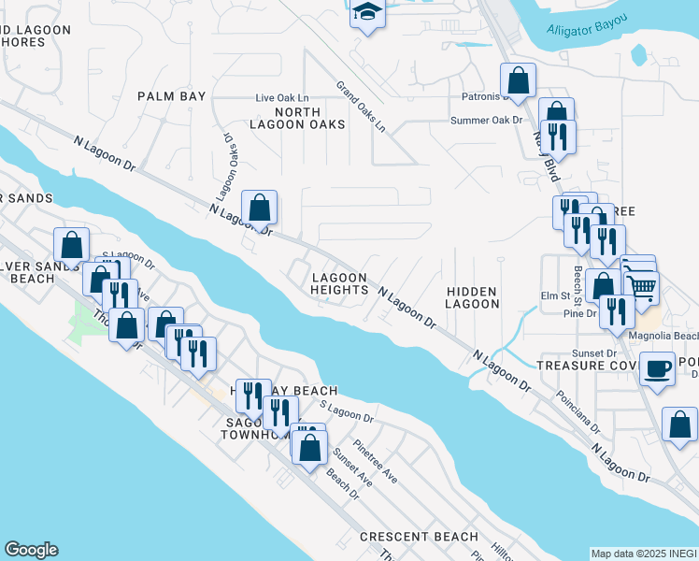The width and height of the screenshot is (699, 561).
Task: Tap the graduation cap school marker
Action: click(368, 14)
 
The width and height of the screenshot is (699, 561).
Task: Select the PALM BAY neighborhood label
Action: click(171, 96)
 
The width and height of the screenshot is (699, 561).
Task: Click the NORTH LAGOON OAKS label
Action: click(297, 117)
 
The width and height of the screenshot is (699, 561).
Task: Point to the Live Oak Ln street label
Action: click(282, 97)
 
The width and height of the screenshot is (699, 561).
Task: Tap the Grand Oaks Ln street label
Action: click(361, 106)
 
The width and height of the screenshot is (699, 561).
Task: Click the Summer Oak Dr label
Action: click(486, 120)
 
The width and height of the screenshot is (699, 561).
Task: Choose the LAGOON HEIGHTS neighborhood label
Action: click(339, 283)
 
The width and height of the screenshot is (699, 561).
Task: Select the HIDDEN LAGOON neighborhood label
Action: click(472, 297)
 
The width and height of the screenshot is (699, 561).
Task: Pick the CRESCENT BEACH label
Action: click(419, 538)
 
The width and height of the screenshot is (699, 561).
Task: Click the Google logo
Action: click(31, 550)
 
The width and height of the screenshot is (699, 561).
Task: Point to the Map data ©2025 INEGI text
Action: click(644, 554)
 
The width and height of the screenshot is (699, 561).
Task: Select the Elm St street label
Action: click(555, 296)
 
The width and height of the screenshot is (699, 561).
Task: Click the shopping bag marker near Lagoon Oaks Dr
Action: click(260, 209)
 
